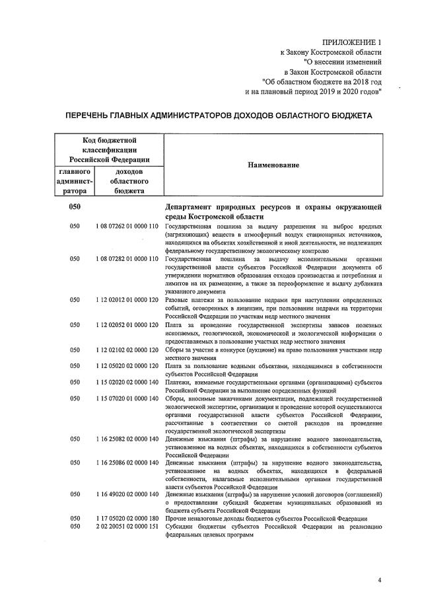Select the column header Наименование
tap(273, 165)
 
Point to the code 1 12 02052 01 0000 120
tap(125, 325)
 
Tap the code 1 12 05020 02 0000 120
tap(125, 366)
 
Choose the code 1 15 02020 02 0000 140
tap(125, 382)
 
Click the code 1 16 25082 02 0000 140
tap(125, 439)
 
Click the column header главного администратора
tap(75, 182)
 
